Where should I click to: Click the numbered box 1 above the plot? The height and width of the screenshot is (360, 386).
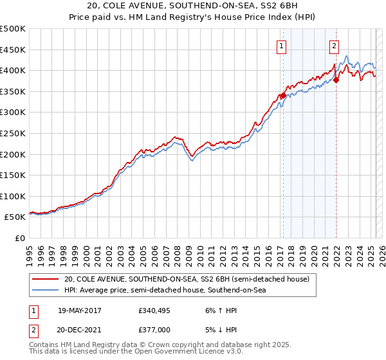pyautogui.click(x=282, y=45)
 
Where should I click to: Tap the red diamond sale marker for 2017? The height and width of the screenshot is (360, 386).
pyautogui.click(x=283, y=96)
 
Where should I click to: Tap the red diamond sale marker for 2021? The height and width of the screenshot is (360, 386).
pyautogui.click(x=335, y=80)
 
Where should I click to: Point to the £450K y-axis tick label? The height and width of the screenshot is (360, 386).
pyautogui.click(x=13, y=50)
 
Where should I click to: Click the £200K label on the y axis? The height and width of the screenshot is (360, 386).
pyautogui.click(x=13, y=154)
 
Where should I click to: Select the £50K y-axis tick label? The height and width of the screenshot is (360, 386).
pyautogui.click(x=15, y=217)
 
